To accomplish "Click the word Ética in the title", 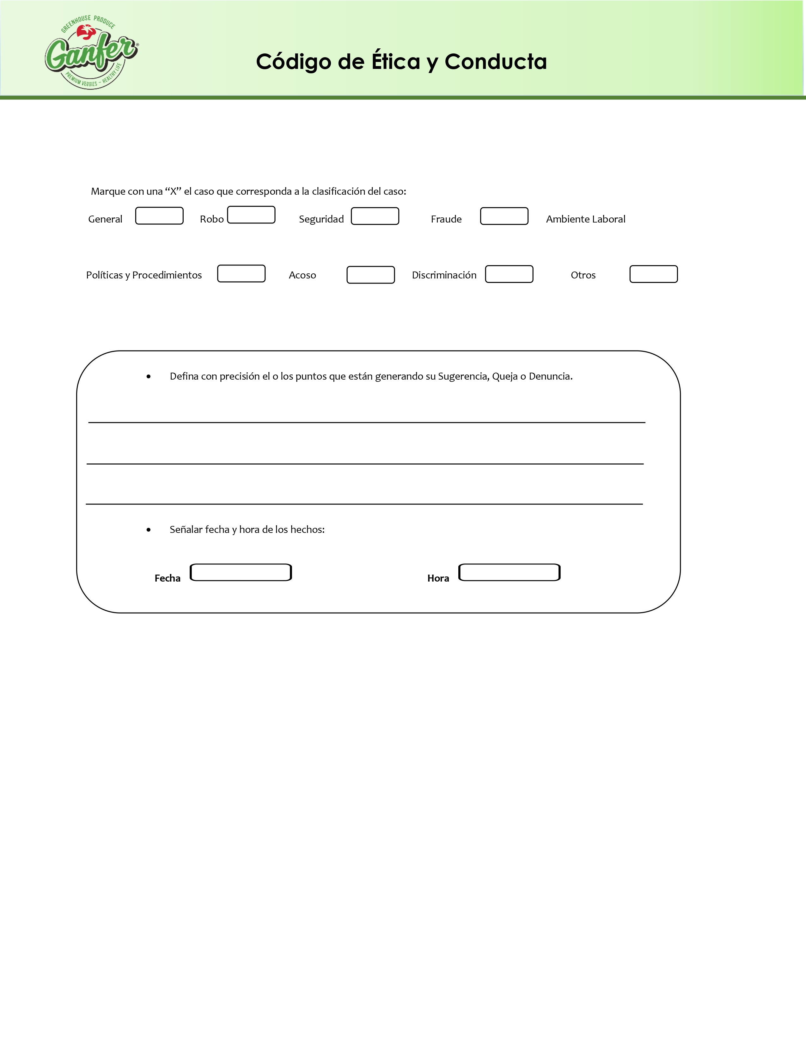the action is point(396,61).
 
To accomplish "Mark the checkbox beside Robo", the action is point(251,215).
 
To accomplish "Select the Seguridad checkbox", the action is point(375,216).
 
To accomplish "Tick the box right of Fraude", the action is point(504,216).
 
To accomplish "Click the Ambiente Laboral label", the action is point(585,219).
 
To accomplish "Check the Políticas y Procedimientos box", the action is point(241,274).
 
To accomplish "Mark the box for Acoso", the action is point(370,275).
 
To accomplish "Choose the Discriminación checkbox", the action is point(509,274).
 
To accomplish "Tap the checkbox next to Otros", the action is point(653,274).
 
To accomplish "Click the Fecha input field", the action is point(241,572).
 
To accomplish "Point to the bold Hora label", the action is point(438,578).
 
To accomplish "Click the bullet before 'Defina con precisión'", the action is point(149,377).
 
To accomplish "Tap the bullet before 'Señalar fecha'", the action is point(149,530).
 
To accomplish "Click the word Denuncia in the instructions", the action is point(550,376).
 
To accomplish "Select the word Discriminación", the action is point(444,275).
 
